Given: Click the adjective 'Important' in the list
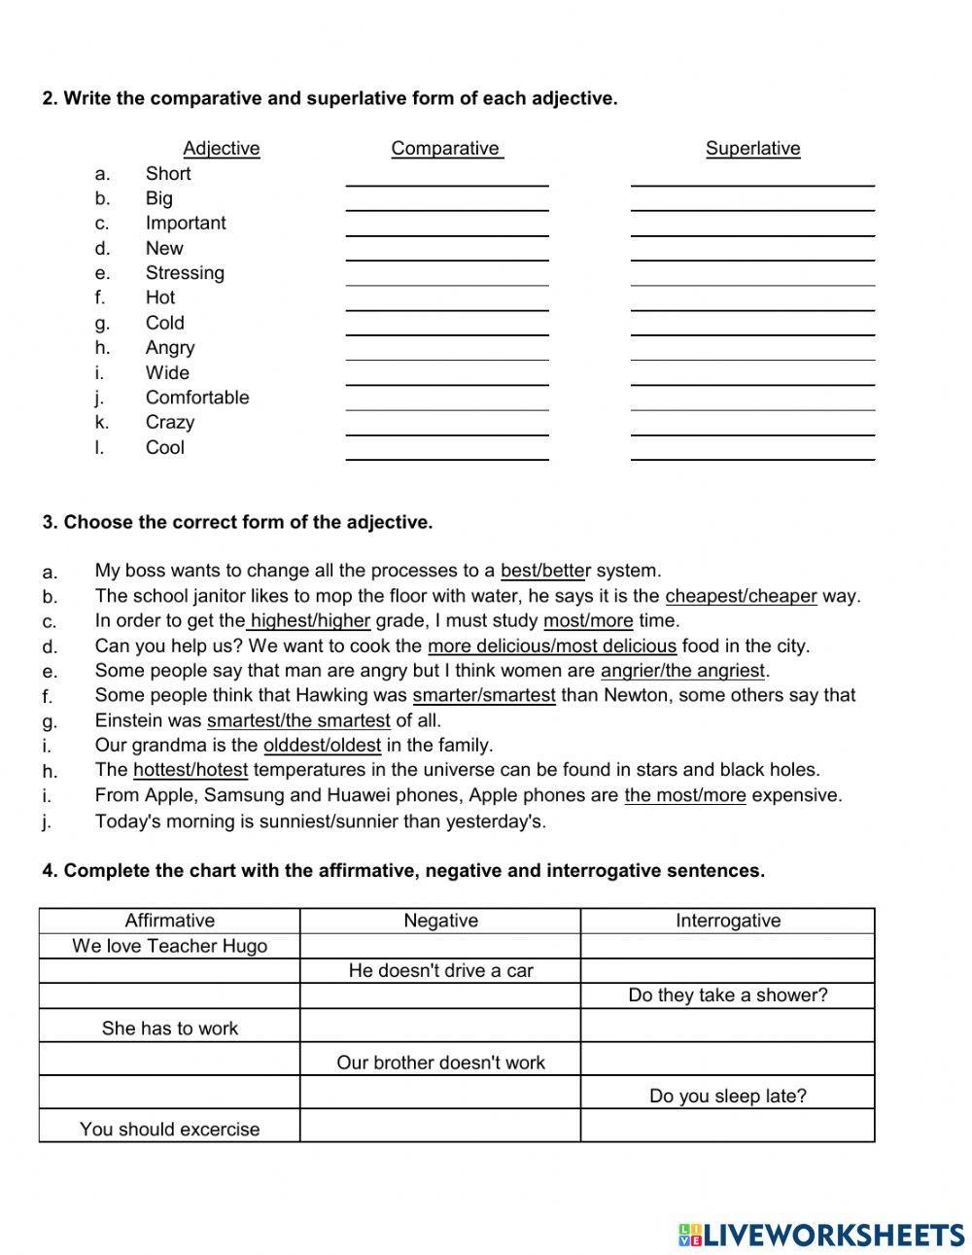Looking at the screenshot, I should pyautogui.click(x=185, y=223).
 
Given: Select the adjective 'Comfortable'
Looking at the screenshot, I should pyautogui.click(x=196, y=398).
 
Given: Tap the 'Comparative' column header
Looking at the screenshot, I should pyautogui.click(x=446, y=149).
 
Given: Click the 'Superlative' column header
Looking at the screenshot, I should pyautogui.click(x=752, y=149).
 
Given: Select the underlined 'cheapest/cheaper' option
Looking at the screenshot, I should pyautogui.click(x=741, y=596).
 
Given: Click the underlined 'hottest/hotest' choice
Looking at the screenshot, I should pyautogui.click(x=191, y=770).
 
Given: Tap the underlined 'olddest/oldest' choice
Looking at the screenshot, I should pyautogui.click(x=322, y=746).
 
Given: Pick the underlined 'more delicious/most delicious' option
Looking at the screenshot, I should pyautogui.click(x=551, y=645).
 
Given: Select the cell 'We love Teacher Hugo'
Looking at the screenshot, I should pyautogui.click(x=169, y=946).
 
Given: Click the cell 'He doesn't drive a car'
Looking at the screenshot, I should pyautogui.click(x=440, y=970).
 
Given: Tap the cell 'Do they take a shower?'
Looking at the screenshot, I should pyautogui.click(x=727, y=995).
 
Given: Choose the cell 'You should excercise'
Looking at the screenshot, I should pyautogui.click(x=169, y=1130).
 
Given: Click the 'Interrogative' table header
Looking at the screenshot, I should pyautogui.click(x=727, y=921).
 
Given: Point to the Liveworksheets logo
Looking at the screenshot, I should pyautogui.click(x=821, y=1235).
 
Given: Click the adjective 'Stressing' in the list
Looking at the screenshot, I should pyautogui.click(x=185, y=273).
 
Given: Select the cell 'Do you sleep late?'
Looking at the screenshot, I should pyautogui.click(x=727, y=1097).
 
